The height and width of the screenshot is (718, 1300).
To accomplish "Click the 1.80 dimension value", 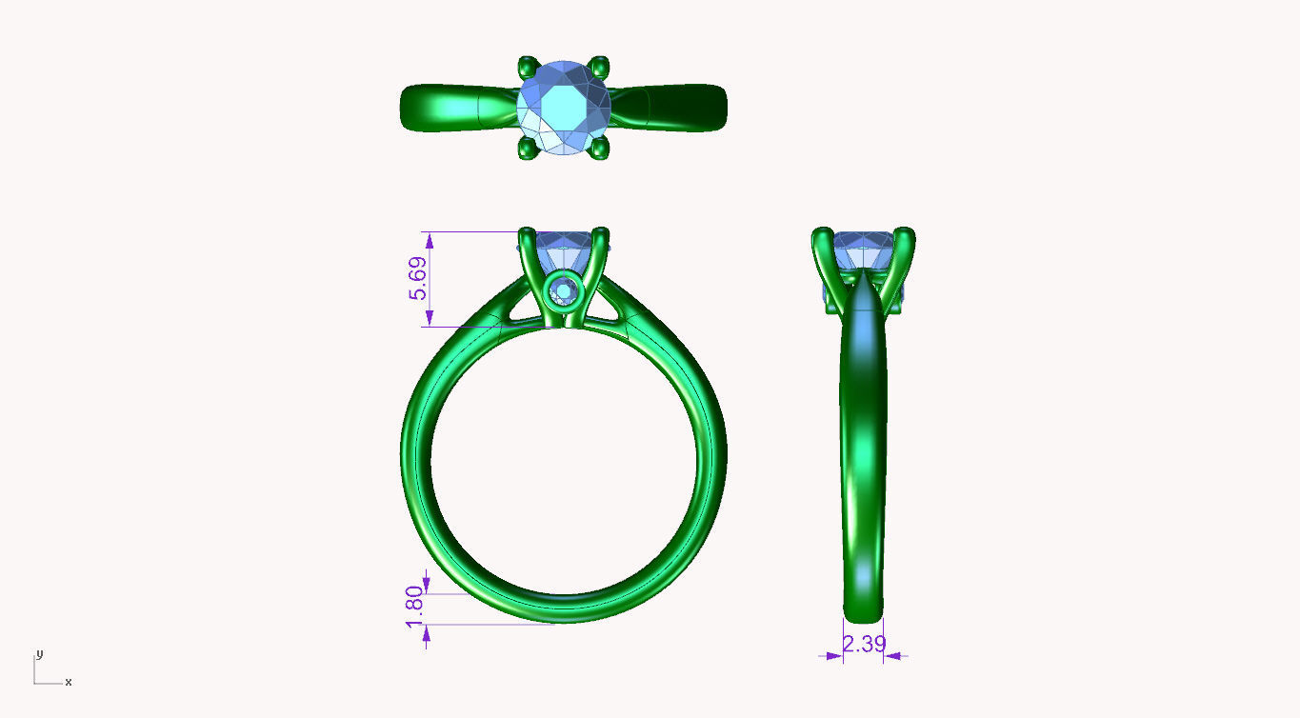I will pos(414,607).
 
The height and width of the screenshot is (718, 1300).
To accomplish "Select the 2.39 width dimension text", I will pos(865,644).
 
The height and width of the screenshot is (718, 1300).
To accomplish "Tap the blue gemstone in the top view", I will pos(565,108).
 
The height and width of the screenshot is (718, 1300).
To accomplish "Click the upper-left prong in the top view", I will pos(526,68).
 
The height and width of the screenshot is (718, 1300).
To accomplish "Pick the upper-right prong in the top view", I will pos(599,67).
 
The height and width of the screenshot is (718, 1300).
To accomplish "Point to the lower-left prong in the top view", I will pos(526,149).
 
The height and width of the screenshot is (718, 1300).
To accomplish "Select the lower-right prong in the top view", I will pos(599,149).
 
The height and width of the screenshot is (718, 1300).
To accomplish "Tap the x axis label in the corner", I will pos(69,682).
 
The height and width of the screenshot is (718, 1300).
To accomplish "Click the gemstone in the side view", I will pos(863,250).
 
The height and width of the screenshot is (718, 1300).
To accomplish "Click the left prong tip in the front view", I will pos(527,233).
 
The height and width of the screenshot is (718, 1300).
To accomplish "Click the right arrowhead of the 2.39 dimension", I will pos(893,655).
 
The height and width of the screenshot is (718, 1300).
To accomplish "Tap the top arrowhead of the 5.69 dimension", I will pos(430,240).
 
